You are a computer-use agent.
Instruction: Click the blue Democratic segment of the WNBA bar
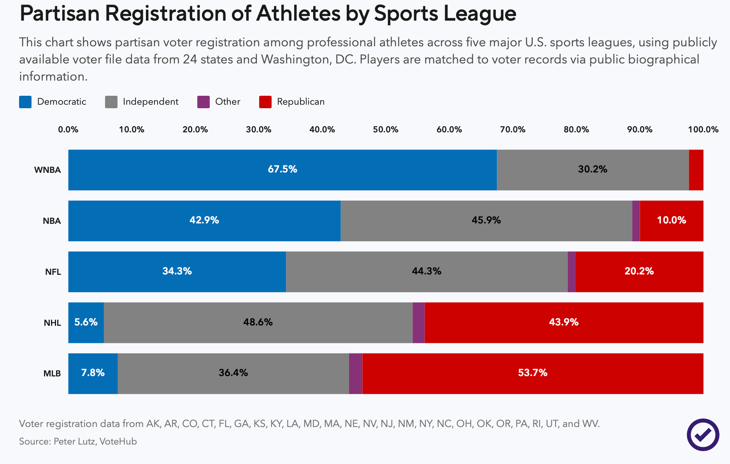click(x=283, y=170)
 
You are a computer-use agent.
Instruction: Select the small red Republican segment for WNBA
click(x=696, y=170)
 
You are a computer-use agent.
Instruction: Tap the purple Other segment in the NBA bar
click(x=636, y=221)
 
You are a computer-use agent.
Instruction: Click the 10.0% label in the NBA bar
click(x=671, y=220)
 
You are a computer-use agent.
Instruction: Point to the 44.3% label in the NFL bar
click(x=426, y=271)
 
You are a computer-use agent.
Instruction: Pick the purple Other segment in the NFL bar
click(x=571, y=272)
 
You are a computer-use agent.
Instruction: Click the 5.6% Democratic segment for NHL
click(x=86, y=322)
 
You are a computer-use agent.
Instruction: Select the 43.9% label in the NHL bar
click(x=563, y=322)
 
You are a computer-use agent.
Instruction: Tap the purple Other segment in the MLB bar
click(x=356, y=373)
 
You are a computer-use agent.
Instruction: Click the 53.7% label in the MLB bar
click(x=532, y=373)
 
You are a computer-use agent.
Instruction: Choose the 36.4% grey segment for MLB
click(x=233, y=373)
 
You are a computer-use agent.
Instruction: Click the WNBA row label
click(x=47, y=170)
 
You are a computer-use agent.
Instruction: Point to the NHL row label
click(x=52, y=323)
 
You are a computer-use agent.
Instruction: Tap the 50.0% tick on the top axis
click(x=386, y=130)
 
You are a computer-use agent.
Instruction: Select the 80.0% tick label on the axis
click(x=576, y=130)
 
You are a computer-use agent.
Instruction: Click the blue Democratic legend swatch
click(x=25, y=102)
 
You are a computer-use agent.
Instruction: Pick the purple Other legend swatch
click(x=204, y=102)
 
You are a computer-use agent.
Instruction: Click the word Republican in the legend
click(x=301, y=102)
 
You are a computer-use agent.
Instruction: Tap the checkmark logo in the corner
click(x=703, y=435)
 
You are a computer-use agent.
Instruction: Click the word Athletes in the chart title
click(x=298, y=14)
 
